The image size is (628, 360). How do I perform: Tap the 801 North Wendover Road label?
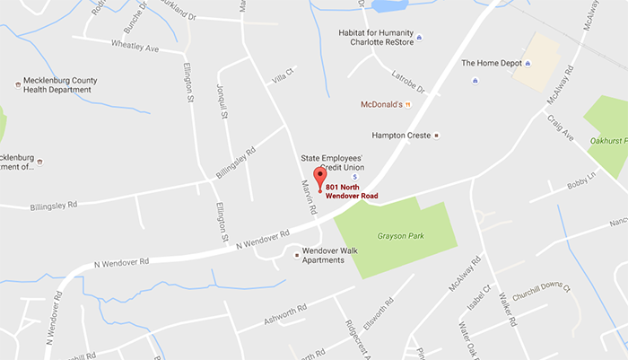pos(352,190)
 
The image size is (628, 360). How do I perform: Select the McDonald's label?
pos(380,104)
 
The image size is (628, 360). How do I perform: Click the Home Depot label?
pos(491,63)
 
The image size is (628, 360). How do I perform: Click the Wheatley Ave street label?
pos(134,44)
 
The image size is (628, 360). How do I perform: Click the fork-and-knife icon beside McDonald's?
pos(407,104)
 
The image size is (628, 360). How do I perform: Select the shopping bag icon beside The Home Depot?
pos(528,63)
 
